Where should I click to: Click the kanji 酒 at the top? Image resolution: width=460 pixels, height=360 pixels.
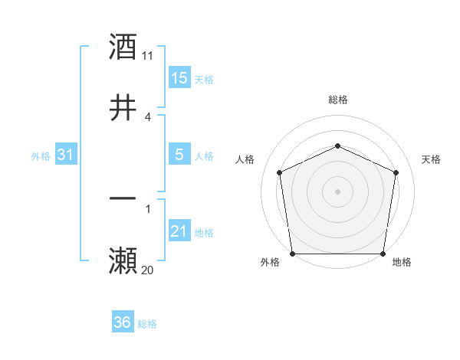[123, 47]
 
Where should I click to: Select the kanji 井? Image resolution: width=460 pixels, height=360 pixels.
[123, 108]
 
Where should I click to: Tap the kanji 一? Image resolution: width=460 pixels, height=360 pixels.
[123, 199]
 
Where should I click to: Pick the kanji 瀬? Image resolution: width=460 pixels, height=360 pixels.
[123, 260]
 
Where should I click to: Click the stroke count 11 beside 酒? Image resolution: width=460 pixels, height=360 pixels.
[148, 56]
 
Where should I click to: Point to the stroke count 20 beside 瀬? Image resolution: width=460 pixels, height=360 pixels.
[148, 270]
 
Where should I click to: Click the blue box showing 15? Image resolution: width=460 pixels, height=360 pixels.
[179, 78]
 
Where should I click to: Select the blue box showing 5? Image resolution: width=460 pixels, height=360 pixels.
[179, 155]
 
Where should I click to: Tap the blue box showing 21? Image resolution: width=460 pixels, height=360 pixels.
[179, 231]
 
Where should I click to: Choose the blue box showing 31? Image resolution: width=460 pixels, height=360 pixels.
[66, 155]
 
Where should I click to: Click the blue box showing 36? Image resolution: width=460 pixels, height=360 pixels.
[123, 322]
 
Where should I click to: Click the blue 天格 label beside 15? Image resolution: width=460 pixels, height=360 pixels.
[204, 80]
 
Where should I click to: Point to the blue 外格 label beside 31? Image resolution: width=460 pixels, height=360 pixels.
[41, 156]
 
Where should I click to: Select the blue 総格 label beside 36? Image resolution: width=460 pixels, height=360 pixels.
[147, 324]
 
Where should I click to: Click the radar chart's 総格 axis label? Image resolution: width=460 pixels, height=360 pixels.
[337, 100]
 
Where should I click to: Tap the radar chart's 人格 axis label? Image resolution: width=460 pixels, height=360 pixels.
[245, 159]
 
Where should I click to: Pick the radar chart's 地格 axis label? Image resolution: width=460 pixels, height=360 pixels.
[402, 262]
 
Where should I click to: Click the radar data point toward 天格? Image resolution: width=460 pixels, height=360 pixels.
[396, 172]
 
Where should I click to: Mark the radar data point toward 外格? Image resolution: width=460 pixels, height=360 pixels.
[292, 254]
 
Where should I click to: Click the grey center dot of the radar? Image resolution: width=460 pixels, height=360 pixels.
[337, 191]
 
